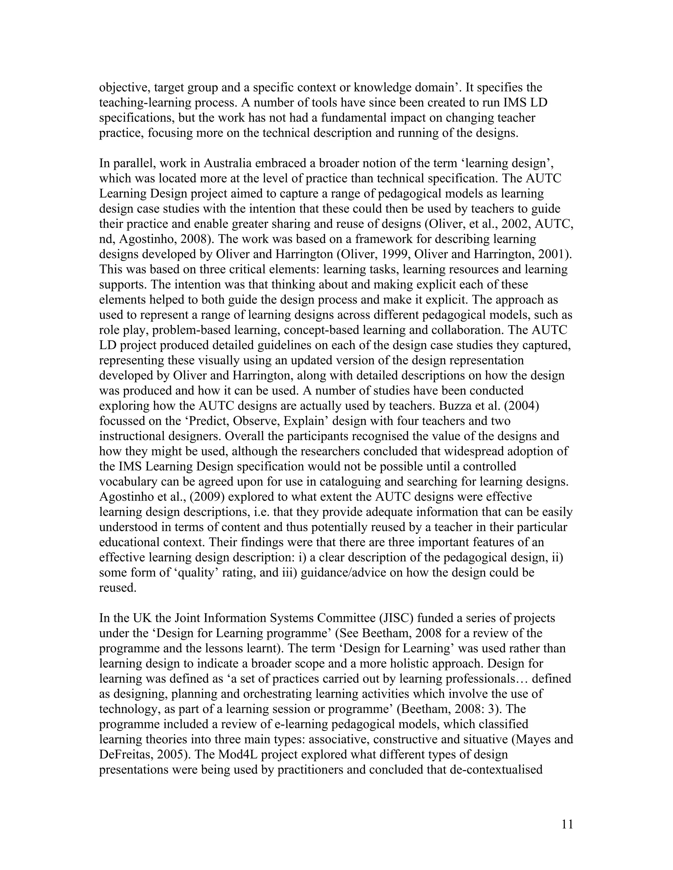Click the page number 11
[567, 825]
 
